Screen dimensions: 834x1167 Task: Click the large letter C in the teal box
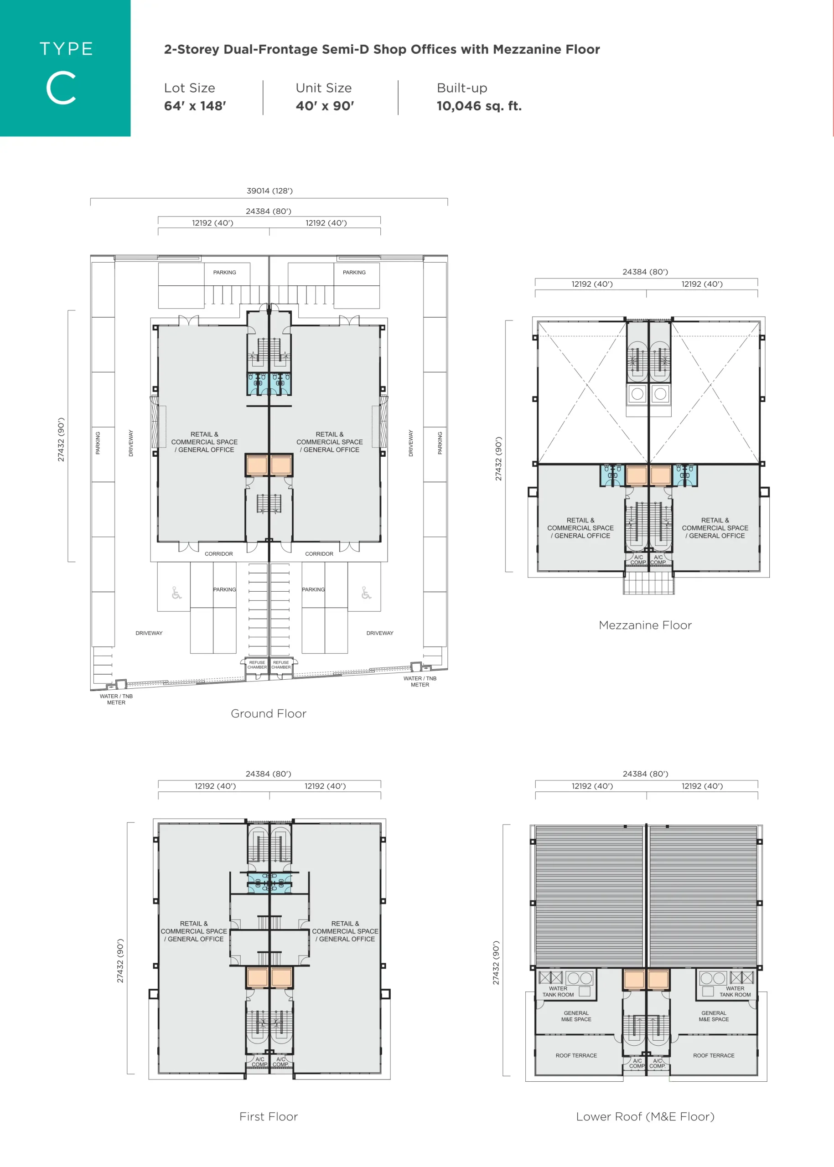[x=61, y=88]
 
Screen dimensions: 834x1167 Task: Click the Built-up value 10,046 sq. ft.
[x=479, y=106]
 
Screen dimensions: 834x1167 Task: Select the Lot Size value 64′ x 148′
[x=195, y=106]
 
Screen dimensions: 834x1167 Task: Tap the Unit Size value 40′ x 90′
[x=325, y=106]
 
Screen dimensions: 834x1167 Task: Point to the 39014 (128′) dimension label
[x=269, y=191]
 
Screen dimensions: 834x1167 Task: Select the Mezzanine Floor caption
[x=645, y=625]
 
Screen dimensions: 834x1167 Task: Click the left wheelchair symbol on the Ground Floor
[x=176, y=593]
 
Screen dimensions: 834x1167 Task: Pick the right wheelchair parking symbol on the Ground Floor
[x=366, y=593]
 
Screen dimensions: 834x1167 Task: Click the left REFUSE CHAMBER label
[x=257, y=665]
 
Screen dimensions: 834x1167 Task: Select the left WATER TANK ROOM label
[x=558, y=991]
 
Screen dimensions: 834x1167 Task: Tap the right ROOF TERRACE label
[x=714, y=1056]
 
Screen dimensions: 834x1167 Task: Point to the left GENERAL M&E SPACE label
[x=576, y=1016]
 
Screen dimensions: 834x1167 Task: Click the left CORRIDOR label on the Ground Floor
[x=219, y=554]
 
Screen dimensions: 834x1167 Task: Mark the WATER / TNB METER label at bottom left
[x=116, y=699]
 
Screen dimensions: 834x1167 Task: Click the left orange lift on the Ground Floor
[x=257, y=465]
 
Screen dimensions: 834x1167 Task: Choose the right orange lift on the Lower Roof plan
[x=658, y=980]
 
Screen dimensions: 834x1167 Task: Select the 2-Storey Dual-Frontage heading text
[x=382, y=49]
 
